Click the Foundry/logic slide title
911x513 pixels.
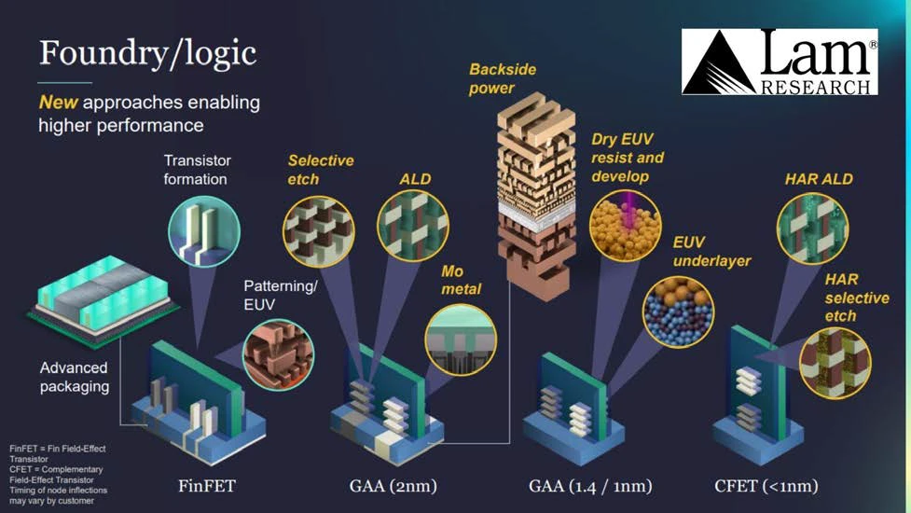pyautogui.click(x=147, y=53)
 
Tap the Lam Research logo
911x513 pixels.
pyautogui.click(x=780, y=62)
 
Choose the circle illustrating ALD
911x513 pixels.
pyautogui.click(x=412, y=224)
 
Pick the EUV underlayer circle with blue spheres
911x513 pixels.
pyautogui.click(x=678, y=312)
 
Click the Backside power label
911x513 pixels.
pyautogui.click(x=504, y=79)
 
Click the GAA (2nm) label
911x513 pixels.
pyautogui.click(x=393, y=486)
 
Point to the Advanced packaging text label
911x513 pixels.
pyautogui.click(x=74, y=376)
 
